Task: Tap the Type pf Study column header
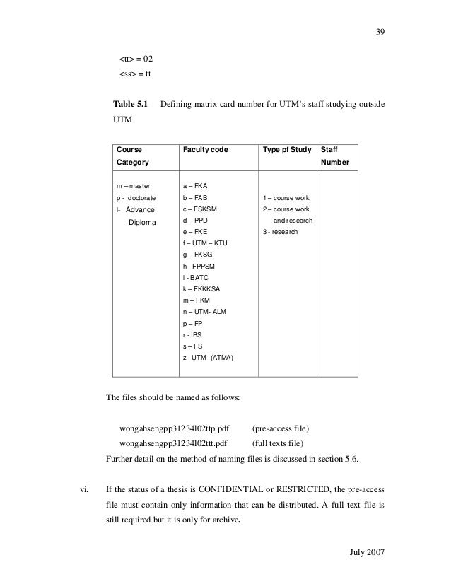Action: [x=287, y=150]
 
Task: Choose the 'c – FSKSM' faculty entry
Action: [x=200, y=209]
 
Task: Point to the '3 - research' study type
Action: [x=281, y=232]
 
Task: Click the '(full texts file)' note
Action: [x=278, y=444]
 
